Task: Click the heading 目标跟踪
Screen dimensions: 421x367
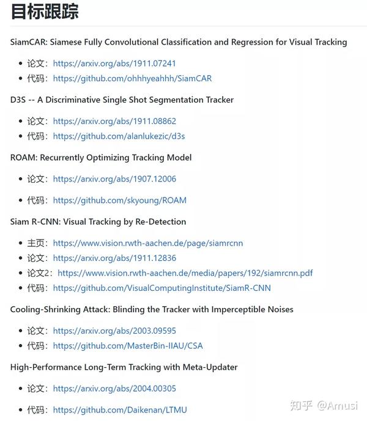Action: [45, 12]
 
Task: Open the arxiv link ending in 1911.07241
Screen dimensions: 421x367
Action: [114, 63]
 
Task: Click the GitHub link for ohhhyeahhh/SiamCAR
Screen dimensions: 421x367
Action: [132, 78]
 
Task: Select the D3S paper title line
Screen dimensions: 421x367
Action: [122, 100]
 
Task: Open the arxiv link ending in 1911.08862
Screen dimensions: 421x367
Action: [114, 121]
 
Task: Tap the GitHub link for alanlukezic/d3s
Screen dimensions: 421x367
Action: [119, 136]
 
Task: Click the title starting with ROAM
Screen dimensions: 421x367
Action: [101, 158]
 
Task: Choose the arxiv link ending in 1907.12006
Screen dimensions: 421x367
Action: [114, 179]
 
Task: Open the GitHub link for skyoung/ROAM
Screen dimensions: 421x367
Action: [120, 200]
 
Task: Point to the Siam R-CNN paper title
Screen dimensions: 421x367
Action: [98, 222]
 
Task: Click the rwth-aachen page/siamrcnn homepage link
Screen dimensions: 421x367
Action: [148, 243]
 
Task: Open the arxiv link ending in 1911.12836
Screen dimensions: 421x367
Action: [114, 258]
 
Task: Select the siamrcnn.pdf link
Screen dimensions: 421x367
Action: [185, 273]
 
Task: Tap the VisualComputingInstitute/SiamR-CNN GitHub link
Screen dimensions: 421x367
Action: [161, 288]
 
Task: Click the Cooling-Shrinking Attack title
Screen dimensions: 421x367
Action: [152, 309]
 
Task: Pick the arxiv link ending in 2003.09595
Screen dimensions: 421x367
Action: [114, 331]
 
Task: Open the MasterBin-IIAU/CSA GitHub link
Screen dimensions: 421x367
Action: [128, 346]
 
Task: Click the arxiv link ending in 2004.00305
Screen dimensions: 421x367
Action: [114, 389]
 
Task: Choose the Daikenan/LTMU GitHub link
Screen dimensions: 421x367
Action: [120, 410]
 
